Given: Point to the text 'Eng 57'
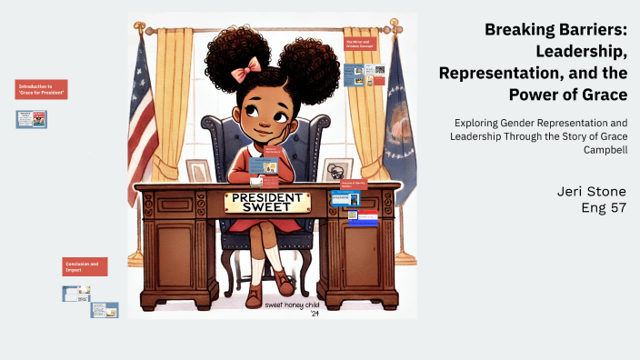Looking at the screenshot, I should point(604,207).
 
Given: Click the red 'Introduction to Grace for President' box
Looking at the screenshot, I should point(43,90).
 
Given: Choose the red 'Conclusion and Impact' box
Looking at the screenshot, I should point(85,266).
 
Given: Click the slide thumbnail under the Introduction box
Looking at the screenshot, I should point(31,119).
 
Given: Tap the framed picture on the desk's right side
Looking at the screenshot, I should point(338,170).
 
